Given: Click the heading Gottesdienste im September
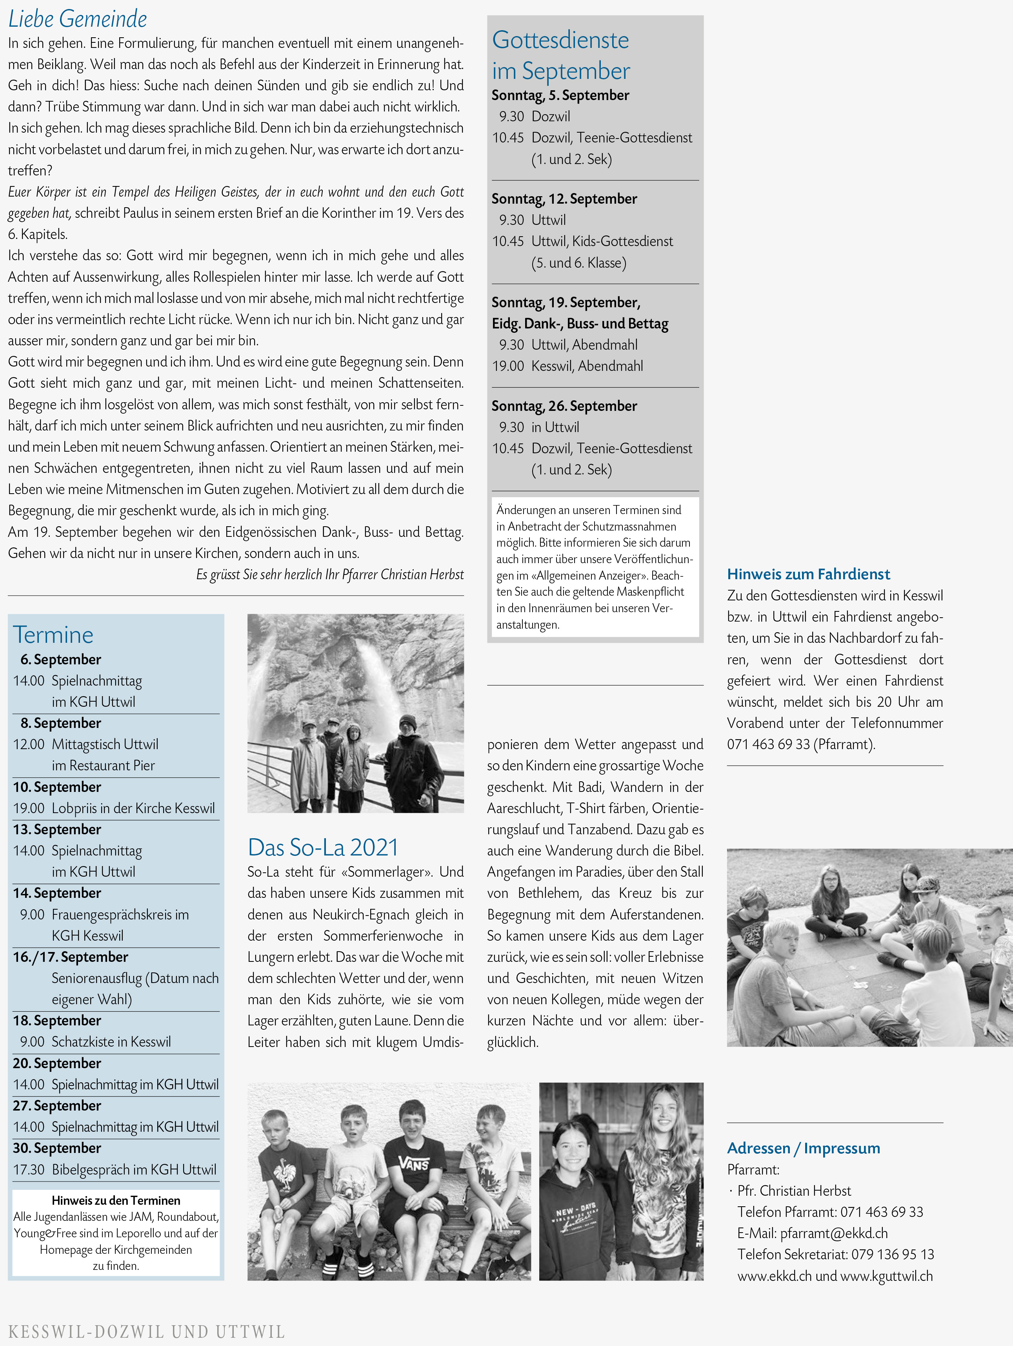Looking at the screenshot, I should click(x=560, y=55).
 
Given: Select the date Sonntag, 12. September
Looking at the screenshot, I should click(x=564, y=199).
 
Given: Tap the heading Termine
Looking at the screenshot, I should click(x=53, y=635).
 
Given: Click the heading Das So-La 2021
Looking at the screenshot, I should click(x=323, y=847).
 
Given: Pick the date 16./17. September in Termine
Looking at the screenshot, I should click(x=71, y=957).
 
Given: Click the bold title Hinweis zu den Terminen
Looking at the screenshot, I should click(x=116, y=1200).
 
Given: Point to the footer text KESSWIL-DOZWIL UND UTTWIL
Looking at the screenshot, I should click(x=146, y=1332).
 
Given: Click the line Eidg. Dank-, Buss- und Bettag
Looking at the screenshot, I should click(x=580, y=324).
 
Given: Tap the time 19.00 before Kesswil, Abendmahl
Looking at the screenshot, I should click(x=508, y=366).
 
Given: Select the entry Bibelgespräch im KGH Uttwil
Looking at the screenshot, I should click(x=134, y=1169).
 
